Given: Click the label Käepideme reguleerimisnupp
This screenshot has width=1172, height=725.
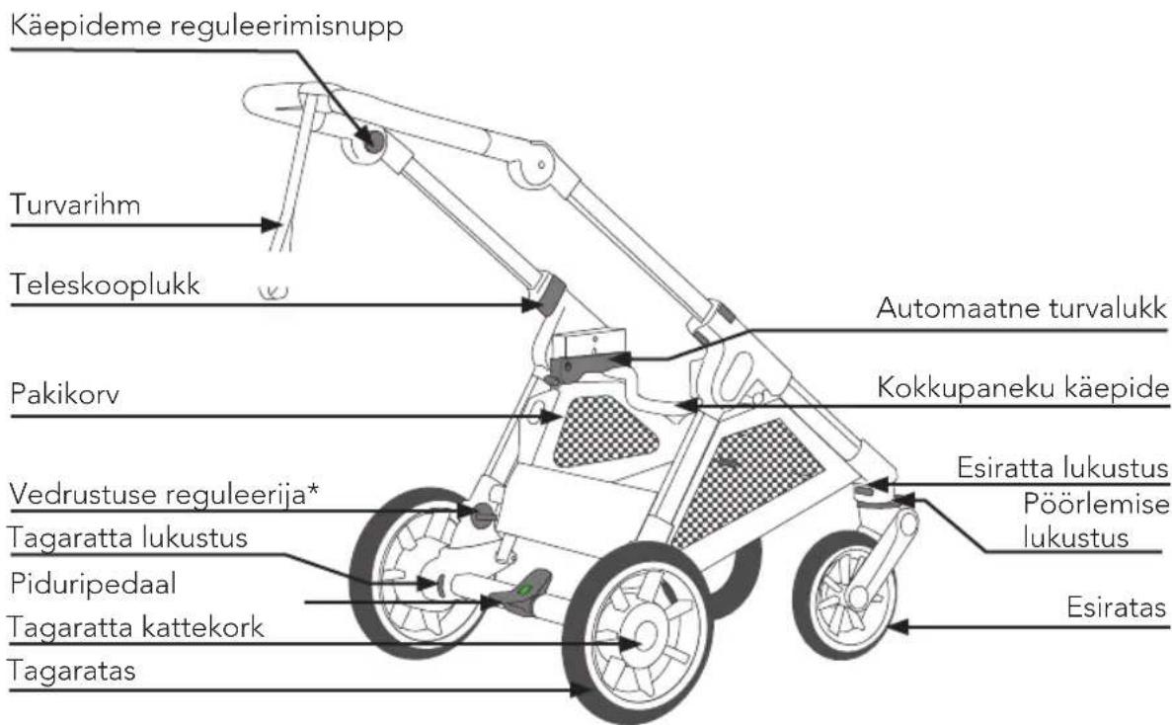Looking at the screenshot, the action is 207,27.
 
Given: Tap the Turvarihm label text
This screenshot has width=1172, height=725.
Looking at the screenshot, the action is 75,204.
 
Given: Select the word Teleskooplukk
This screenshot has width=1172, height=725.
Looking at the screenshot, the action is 106,284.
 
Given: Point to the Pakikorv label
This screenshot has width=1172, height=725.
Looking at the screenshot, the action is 65,394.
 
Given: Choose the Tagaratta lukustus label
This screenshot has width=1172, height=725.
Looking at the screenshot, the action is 127,538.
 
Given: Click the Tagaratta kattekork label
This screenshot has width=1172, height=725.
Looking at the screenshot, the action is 135,627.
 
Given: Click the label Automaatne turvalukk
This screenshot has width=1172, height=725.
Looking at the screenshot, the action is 1022,308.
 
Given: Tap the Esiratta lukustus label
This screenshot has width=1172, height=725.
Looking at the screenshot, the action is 1062,468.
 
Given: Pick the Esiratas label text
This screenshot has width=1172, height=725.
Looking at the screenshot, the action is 1117,607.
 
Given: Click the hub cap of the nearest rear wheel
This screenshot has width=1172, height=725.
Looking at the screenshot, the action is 642,635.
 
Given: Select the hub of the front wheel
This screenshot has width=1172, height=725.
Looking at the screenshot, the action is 857,597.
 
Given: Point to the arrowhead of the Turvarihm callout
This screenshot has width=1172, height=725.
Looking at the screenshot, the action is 272,224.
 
